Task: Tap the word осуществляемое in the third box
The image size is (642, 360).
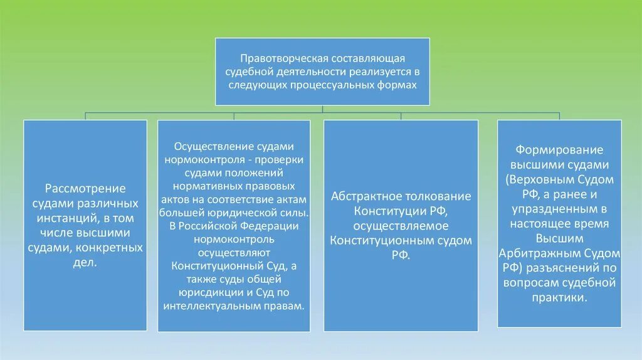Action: coord(400,225)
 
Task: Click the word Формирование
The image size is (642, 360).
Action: coord(559,151)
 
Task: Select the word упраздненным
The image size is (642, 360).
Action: coord(557,209)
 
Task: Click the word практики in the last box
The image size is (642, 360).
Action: coord(558,297)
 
